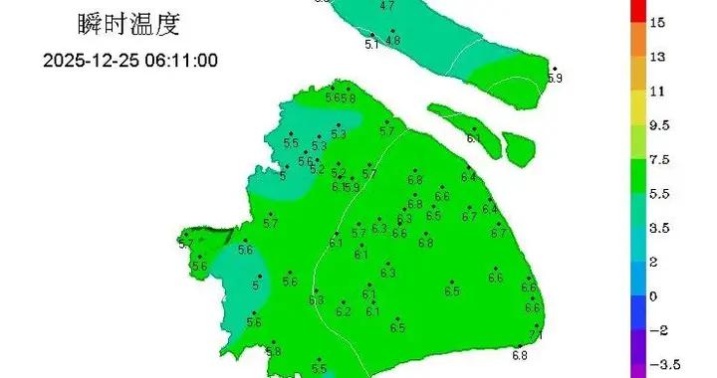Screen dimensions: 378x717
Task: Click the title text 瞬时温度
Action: (120, 21)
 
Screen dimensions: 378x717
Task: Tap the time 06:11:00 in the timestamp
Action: (181, 60)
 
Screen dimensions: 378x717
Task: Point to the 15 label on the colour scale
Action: (657, 22)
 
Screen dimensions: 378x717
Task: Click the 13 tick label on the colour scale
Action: (657, 57)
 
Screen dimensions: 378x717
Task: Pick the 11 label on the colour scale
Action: (656, 91)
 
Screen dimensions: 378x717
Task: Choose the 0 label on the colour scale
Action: (653, 296)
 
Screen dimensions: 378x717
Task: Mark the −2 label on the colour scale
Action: (657, 330)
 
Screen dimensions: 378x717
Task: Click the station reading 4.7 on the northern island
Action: (387, 6)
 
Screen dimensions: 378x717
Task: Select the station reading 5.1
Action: (371, 45)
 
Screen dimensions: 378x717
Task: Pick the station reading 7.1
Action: (535, 336)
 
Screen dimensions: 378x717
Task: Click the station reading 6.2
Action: (344, 312)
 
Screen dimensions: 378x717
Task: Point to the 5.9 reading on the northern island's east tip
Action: (555, 78)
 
